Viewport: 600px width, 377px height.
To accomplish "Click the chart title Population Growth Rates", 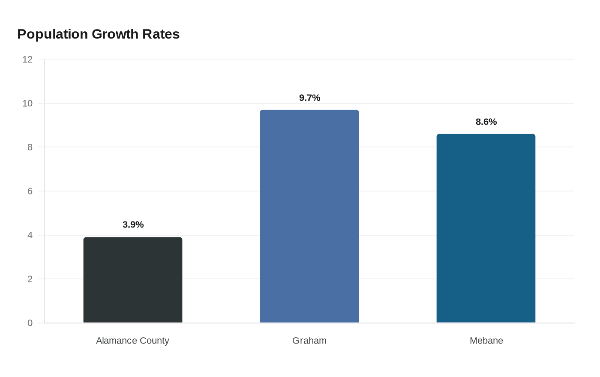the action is coord(98,34).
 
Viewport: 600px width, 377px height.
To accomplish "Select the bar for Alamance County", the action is coord(133,280).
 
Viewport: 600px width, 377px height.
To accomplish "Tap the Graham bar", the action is coord(309,216).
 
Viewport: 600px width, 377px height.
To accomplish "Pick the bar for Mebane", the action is coord(486,228).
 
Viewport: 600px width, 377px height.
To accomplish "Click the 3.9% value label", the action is coord(133,224).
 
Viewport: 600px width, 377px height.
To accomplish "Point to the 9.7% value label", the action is coord(309,98).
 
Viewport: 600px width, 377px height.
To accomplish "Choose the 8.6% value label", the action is coord(486,122).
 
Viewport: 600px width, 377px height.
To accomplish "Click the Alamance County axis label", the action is coord(132,341).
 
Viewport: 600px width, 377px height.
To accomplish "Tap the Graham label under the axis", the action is coord(309,341).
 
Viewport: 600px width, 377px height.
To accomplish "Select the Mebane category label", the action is coord(486,341).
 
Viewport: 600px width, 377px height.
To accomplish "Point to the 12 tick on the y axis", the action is coord(27,59).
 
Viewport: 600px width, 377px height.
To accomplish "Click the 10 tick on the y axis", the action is coord(27,103).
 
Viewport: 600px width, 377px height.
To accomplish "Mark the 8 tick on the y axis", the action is coord(30,147).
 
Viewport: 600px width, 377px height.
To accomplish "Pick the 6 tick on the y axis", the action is coord(30,191).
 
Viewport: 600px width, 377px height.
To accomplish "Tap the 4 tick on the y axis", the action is coord(30,235).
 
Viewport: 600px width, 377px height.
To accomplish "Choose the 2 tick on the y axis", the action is coord(30,279).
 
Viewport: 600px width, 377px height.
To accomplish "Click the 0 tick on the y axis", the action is coord(30,323).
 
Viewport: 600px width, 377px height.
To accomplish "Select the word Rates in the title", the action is coord(161,34).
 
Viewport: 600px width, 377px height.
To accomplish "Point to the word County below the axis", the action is coord(155,341).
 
